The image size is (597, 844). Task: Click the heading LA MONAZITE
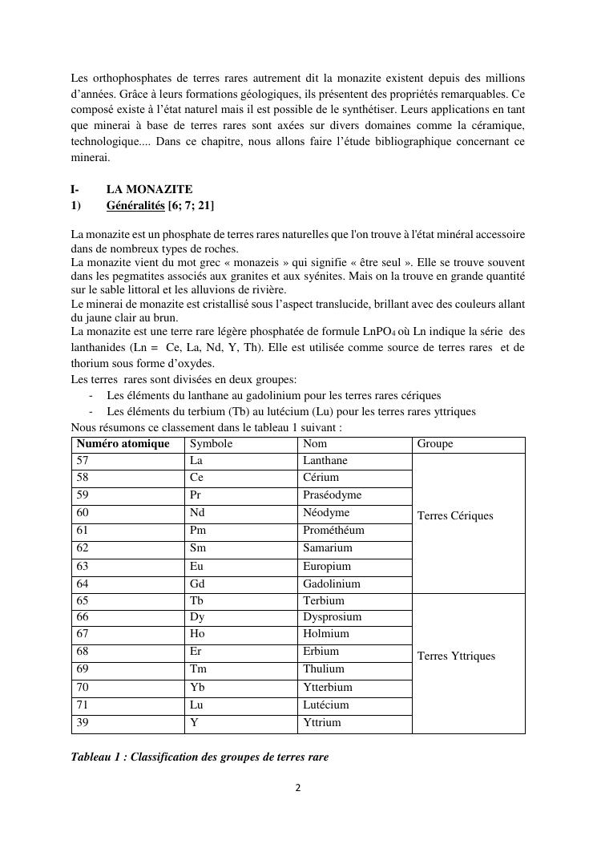point(149,190)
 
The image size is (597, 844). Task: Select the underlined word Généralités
point(135,206)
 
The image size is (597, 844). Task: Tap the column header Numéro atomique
point(123,444)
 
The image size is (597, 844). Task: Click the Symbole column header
point(211,444)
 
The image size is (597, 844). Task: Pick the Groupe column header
point(435,444)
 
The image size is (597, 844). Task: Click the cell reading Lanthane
point(325,461)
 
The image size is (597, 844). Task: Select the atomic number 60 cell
point(83,513)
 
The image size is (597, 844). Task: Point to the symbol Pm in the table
point(198,531)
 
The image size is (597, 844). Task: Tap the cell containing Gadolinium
point(332,584)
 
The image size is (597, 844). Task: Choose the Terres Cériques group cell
point(455,516)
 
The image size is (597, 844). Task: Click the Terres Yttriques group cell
point(456,656)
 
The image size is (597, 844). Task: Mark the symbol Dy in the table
point(197,617)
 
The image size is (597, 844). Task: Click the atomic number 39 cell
point(83,723)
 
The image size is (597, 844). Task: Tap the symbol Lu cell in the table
point(196,705)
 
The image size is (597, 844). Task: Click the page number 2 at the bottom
point(298,788)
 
